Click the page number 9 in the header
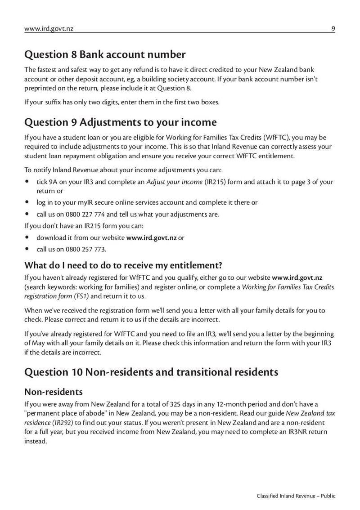(333, 29)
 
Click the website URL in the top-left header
(49, 29)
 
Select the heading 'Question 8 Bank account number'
(104, 55)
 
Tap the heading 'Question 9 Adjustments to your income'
(120, 122)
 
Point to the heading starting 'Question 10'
(151, 372)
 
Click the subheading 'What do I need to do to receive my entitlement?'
(123, 264)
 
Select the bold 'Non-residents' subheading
(54, 392)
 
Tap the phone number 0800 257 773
(85, 249)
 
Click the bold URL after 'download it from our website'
(151, 237)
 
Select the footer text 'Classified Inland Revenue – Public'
(296, 496)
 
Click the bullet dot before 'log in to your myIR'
(27, 202)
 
